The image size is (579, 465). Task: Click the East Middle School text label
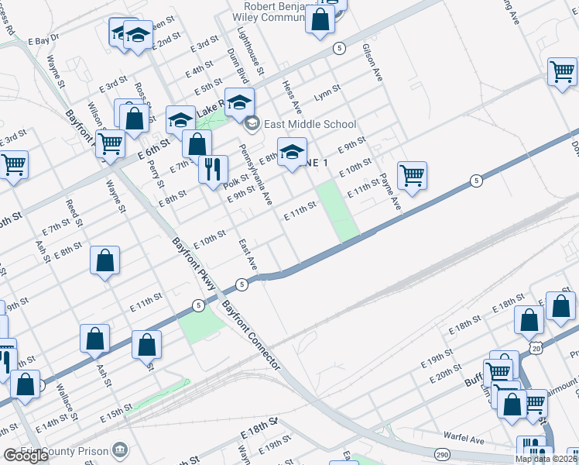(x=310, y=124)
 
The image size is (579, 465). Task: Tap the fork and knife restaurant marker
(x=213, y=169)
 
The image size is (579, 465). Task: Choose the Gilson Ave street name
(x=373, y=63)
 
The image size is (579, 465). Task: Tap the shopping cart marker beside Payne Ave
(x=413, y=175)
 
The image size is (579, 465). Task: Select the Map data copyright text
(x=545, y=459)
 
